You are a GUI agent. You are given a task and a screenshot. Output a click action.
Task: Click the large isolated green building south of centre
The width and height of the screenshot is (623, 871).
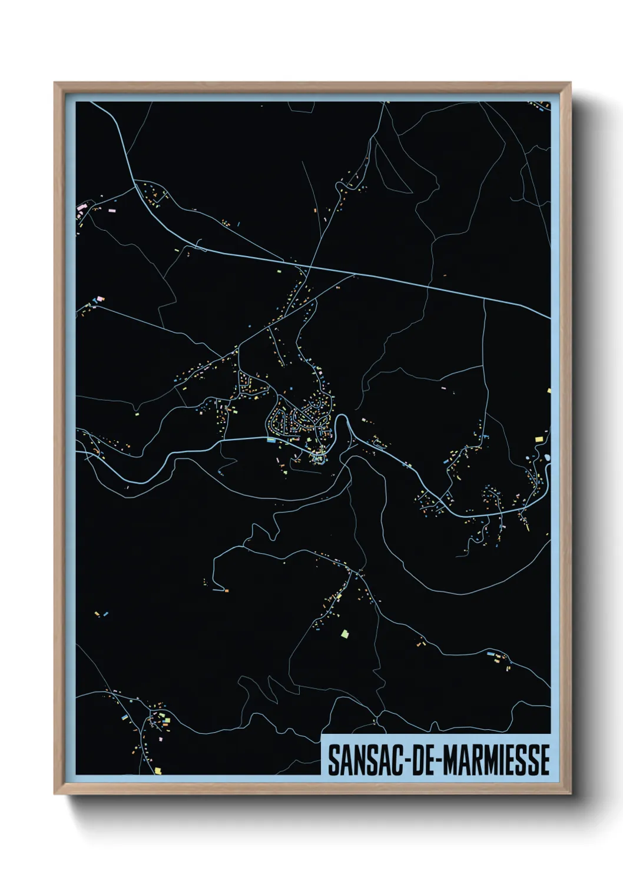[345, 634]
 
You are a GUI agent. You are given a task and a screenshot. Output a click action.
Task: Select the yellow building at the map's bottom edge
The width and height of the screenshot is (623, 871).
[157, 770]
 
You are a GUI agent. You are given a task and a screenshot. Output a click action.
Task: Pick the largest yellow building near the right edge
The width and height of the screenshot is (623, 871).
[539, 438]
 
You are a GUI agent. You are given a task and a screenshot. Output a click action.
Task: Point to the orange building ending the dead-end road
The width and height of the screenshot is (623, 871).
[226, 590]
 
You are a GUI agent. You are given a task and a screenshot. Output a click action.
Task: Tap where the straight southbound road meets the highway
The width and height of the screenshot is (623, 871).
[484, 298]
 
